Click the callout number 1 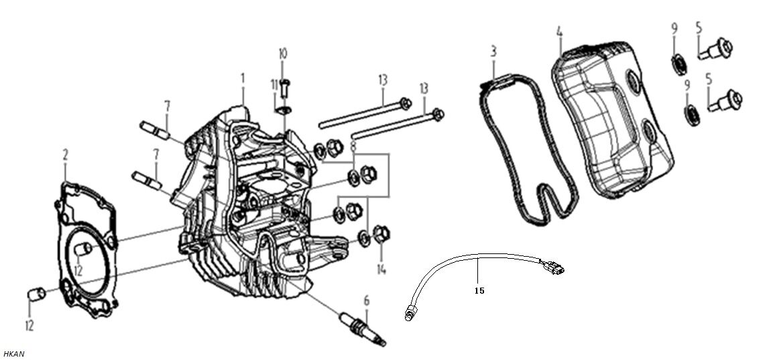tap(243, 78)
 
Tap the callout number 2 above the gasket tap(66, 156)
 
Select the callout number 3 tap(493, 51)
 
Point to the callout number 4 tap(560, 32)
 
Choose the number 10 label tap(282, 53)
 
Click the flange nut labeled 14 tap(380, 234)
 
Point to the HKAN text tap(13, 353)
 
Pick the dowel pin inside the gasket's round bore tap(84, 250)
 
